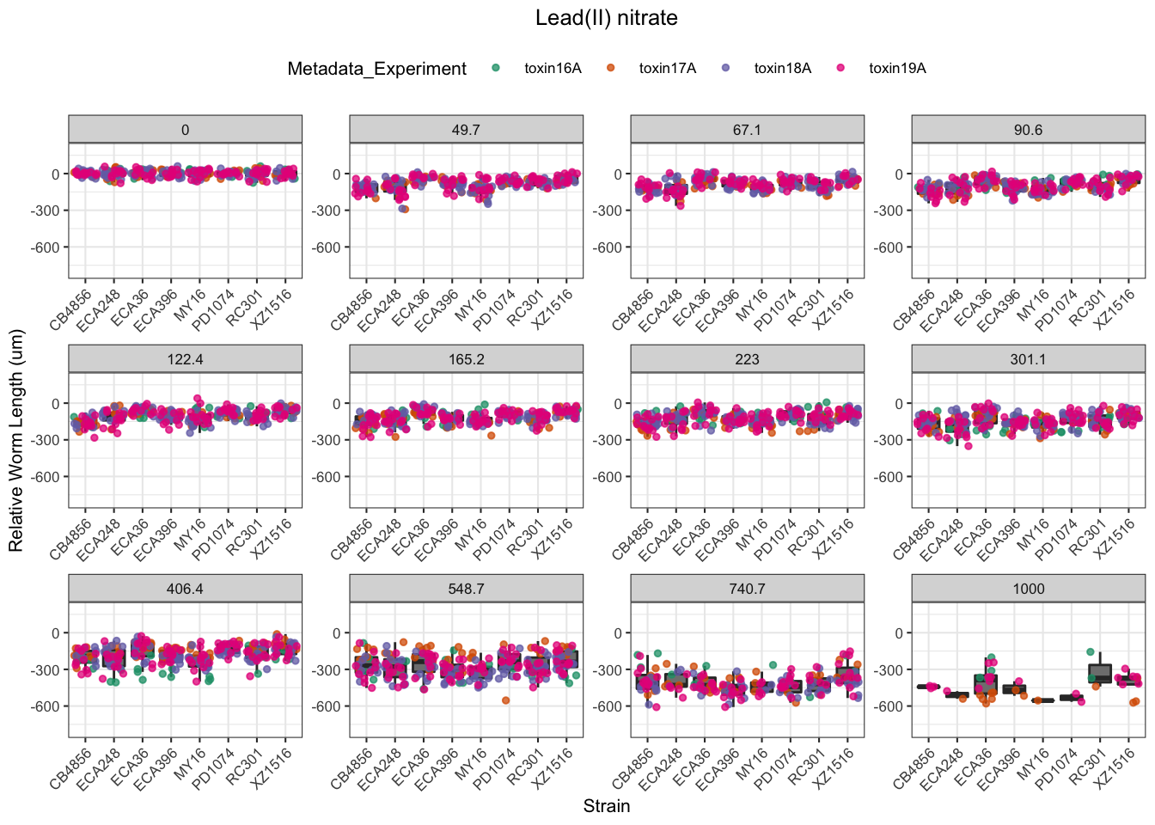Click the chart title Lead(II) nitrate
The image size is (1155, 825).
pyautogui.click(x=606, y=18)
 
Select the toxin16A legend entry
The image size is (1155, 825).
pyautogui.click(x=553, y=69)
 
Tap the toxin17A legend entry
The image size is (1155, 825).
pyautogui.click(x=667, y=69)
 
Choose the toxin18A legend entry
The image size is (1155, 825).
pyautogui.click(x=782, y=69)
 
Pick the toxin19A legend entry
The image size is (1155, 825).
pyautogui.click(x=896, y=69)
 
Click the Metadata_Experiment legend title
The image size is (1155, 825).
pyautogui.click(x=376, y=69)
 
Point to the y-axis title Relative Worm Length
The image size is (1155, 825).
pyautogui.click(x=16, y=441)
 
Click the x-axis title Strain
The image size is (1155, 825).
pyautogui.click(x=606, y=806)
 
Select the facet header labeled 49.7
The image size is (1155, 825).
pyautogui.click(x=466, y=130)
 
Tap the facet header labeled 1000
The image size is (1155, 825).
pyautogui.click(x=1028, y=589)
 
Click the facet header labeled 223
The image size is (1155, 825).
pyautogui.click(x=747, y=359)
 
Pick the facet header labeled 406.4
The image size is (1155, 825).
pyautogui.click(x=185, y=589)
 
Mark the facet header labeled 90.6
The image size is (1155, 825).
pyautogui.click(x=1028, y=130)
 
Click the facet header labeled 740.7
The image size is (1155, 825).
pyautogui.click(x=747, y=589)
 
